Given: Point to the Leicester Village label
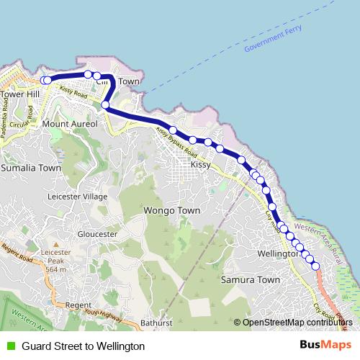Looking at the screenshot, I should (x=76, y=196).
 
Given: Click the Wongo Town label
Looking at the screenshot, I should (x=172, y=211).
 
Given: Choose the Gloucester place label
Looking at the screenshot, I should (x=97, y=235).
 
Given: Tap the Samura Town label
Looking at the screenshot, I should (x=250, y=279).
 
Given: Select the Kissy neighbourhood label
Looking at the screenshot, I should (x=200, y=166).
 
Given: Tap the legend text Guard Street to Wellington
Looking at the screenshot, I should (x=84, y=346).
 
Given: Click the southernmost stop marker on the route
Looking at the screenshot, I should (x=315, y=266).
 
